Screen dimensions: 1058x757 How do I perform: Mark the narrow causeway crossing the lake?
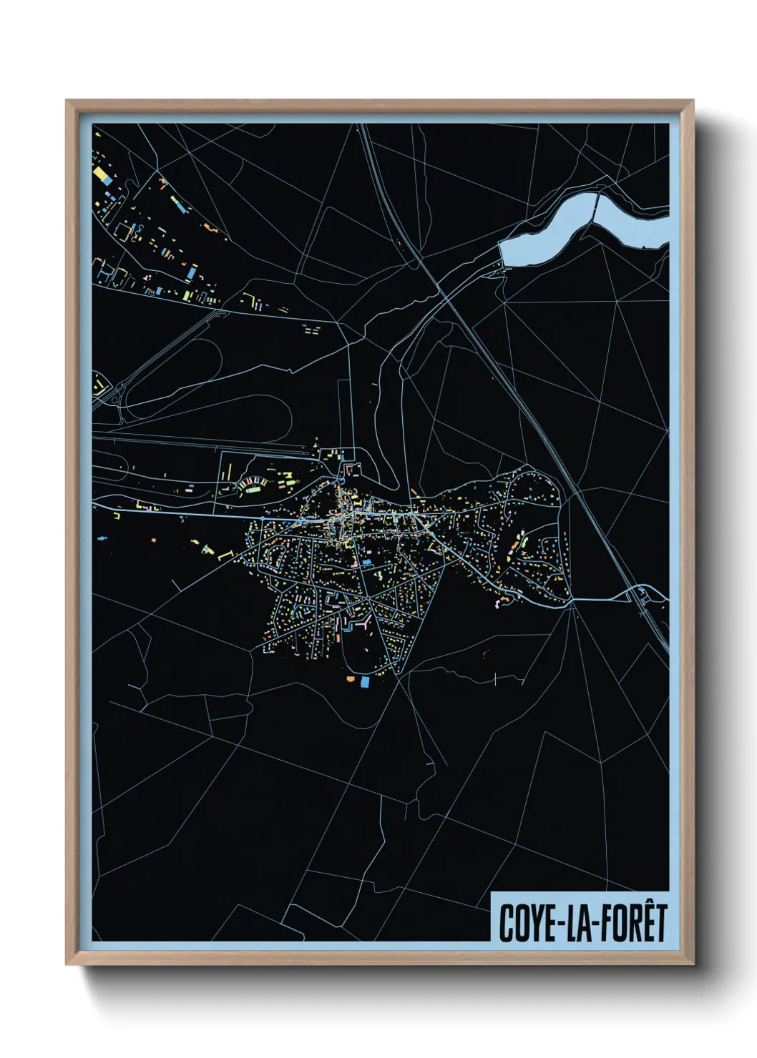tap(596, 207)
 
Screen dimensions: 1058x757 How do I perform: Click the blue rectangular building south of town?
tap(365, 682)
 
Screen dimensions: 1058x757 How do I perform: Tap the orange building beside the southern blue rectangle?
tap(351, 678)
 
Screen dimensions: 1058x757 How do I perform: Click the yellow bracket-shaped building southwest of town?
tap(228, 554)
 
